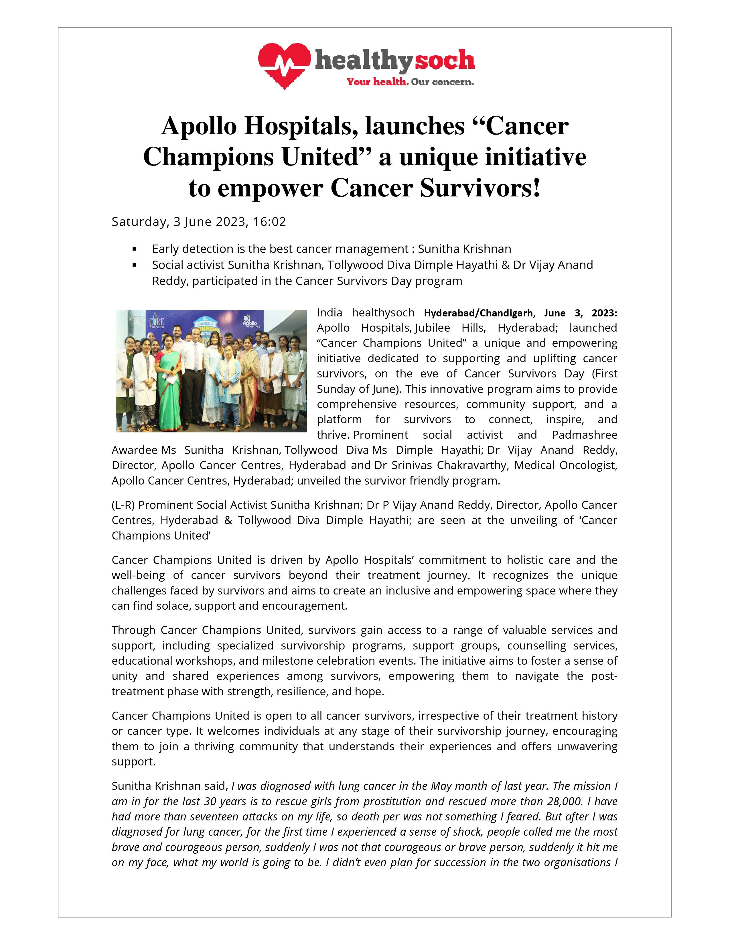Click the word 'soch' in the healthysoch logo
(445, 61)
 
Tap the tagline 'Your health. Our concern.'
(410, 82)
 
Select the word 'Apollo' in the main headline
(199, 126)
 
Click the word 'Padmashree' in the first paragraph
(585, 435)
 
